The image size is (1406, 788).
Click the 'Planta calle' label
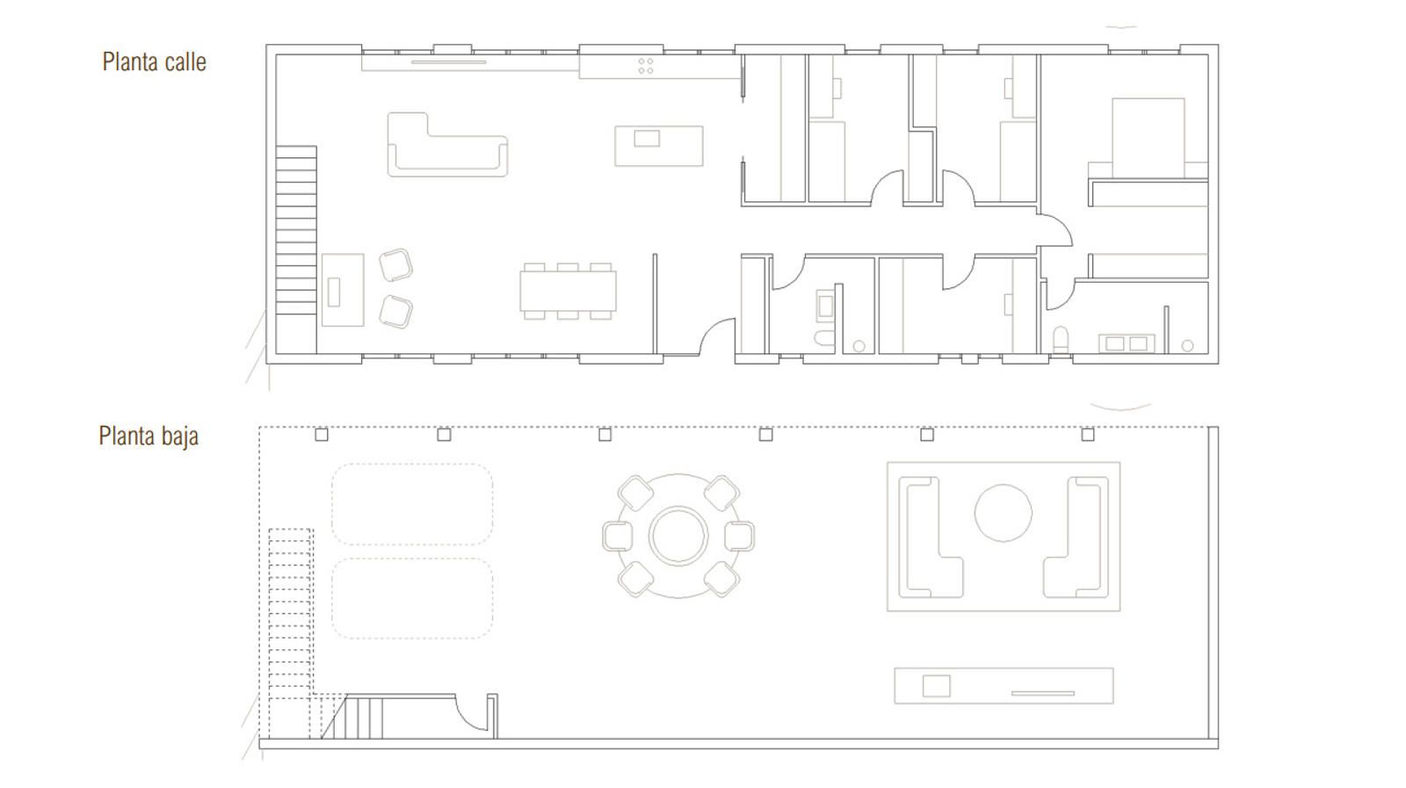coord(155,62)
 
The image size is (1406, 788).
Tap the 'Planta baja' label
coord(149,436)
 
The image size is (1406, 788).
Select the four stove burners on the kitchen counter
coord(646,66)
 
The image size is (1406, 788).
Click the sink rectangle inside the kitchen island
coord(647,138)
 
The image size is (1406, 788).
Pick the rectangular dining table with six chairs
coord(568,291)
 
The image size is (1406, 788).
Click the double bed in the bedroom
coord(1148,138)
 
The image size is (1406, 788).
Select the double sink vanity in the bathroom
coord(1126,343)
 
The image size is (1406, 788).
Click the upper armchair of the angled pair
coord(395,264)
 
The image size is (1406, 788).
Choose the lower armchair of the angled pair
coord(395,312)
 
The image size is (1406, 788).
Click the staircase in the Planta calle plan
coord(295,249)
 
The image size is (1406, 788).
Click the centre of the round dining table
coord(678,536)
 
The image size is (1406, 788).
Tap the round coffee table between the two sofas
coord(1003,512)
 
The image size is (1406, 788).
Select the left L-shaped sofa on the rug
coord(931,537)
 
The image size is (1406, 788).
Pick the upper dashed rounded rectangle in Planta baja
coord(412,504)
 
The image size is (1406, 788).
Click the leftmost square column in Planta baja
coord(322,434)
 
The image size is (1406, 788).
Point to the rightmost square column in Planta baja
coord(1088,434)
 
